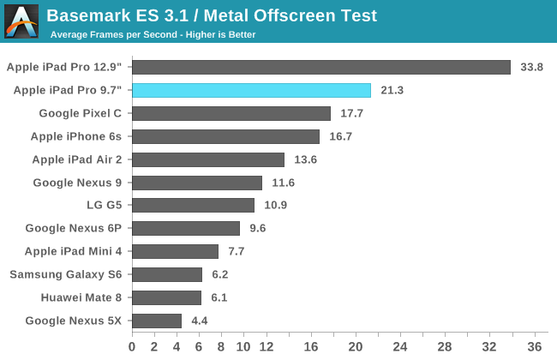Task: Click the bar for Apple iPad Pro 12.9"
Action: click(321, 67)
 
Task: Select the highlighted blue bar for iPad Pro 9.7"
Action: click(251, 90)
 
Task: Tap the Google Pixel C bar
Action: click(231, 113)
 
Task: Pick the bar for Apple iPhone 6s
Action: click(225, 136)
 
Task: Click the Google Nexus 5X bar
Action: click(157, 321)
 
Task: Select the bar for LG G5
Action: click(193, 205)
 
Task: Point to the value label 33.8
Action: click(532, 67)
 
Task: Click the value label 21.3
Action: click(392, 90)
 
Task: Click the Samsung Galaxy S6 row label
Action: click(66, 274)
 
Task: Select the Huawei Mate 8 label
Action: click(81, 297)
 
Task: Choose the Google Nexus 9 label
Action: click(77, 182)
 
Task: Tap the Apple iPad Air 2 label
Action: click(77, 159)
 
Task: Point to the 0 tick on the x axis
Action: click(132, 347)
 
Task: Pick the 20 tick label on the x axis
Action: click(356, 347)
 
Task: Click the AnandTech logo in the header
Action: click(21, 21)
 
